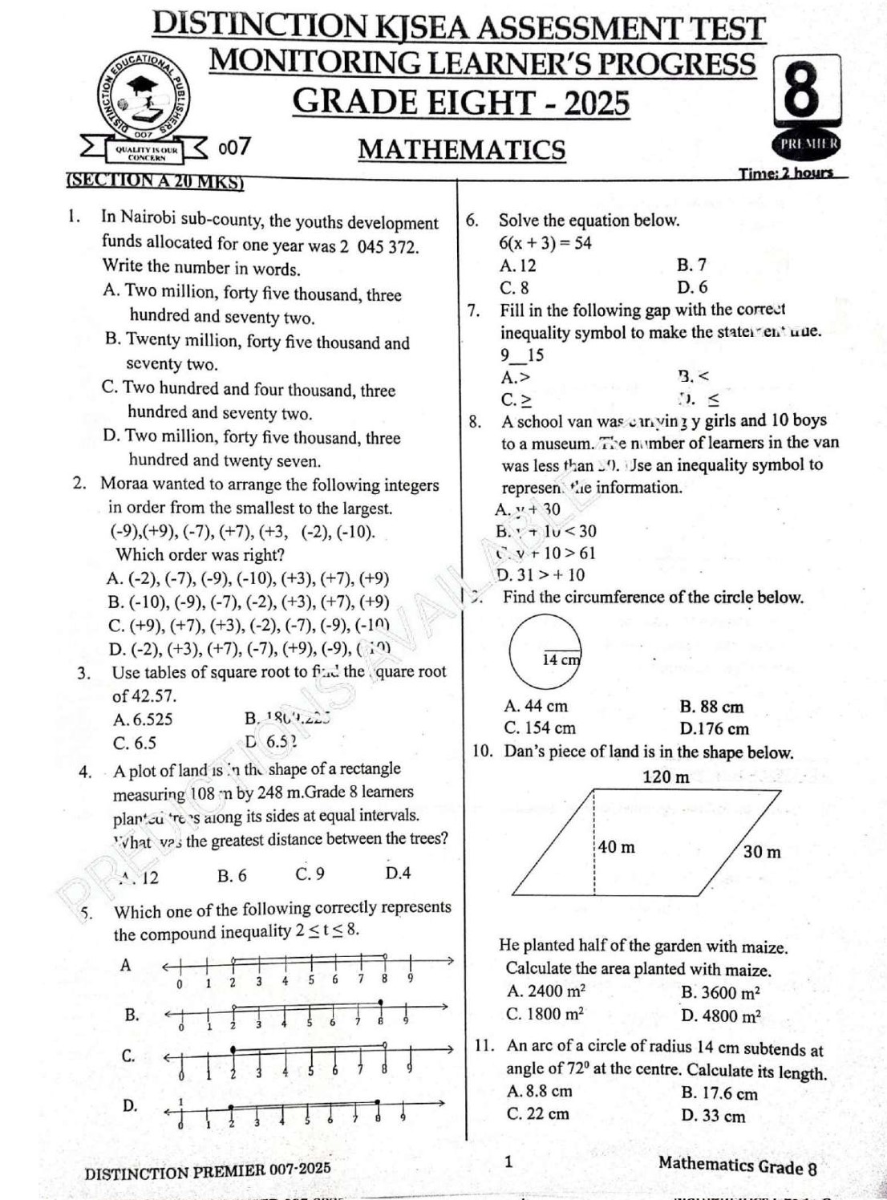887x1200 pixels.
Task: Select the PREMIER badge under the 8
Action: tap(808, 144)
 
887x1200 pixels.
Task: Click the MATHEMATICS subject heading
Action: tap(462, 150)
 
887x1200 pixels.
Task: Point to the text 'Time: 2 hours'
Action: tap(785, 172)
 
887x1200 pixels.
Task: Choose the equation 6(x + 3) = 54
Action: tap(545, 243)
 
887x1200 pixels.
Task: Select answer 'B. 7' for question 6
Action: tap(691, 265)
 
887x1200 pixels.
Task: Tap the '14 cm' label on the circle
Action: tap(561, 659)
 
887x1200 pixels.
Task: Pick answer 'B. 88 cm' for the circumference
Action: tap(711, 707)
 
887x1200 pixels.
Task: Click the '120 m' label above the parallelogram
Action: tap(666, 776)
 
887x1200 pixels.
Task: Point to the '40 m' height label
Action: tap(616, 847)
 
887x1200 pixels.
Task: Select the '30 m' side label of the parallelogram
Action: tap(761, 852)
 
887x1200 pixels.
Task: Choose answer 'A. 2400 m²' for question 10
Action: tap(546, 991)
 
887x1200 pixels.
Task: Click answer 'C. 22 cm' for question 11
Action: tap(538, 1113)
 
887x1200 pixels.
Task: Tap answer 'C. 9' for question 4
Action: tap(310, 874)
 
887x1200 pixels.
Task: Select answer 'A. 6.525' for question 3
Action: tap(143, 720)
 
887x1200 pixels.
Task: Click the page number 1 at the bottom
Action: tap(508, 1161)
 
